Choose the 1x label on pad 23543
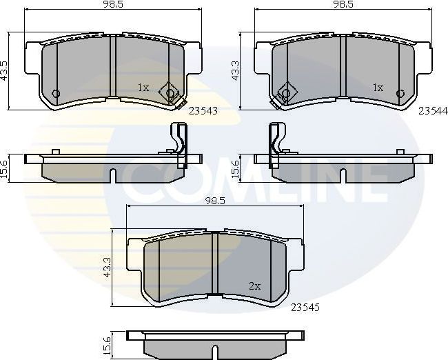[x=143, y=88]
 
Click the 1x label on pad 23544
[x=378, y=88]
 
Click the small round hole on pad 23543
[x=56, y=94]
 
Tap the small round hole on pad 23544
[x=398, y=94]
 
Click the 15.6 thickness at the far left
[x=6, y=167]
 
